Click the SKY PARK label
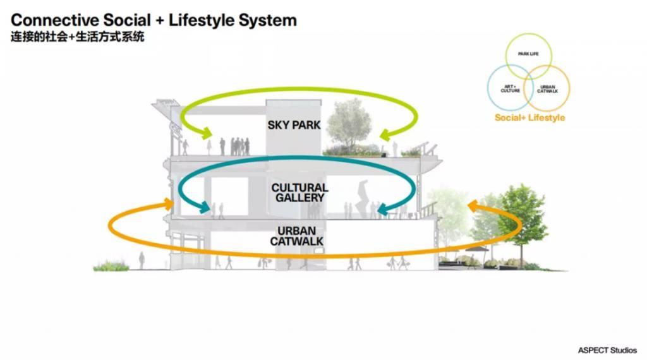click(294, 125)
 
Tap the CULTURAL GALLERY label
click(299, 193)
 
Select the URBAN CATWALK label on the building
click(297, 236)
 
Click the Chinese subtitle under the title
click(78, 37)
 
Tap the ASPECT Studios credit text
click(607, 350)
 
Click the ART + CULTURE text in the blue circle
click(511, 89)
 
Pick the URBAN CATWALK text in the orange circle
click(547, 89)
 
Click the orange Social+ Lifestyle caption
click(529, 118)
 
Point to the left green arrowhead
click(205, 133)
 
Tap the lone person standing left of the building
click(142, 260)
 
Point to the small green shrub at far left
click(111, 266)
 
